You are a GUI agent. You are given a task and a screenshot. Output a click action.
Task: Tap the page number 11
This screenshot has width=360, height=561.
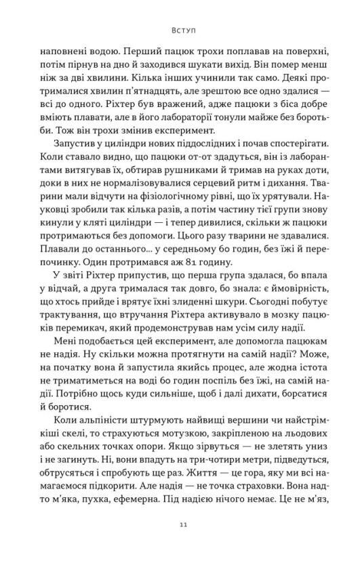tap(179, 524)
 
